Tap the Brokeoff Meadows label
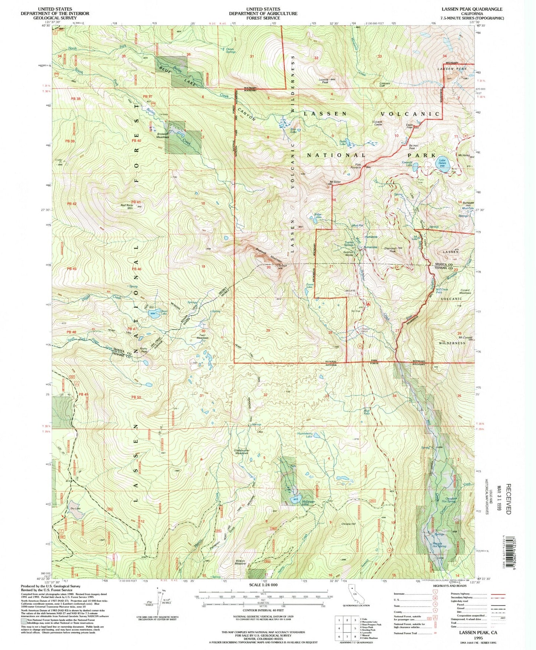click(x=162, y=135)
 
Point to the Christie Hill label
click(x=348, y=524)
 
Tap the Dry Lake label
click(x=76, y=508)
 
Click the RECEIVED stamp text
click(x=508, y=499)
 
